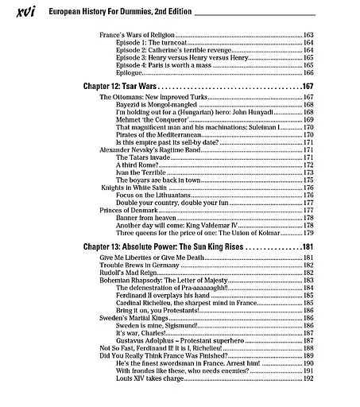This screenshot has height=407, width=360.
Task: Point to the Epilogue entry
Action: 130,72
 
